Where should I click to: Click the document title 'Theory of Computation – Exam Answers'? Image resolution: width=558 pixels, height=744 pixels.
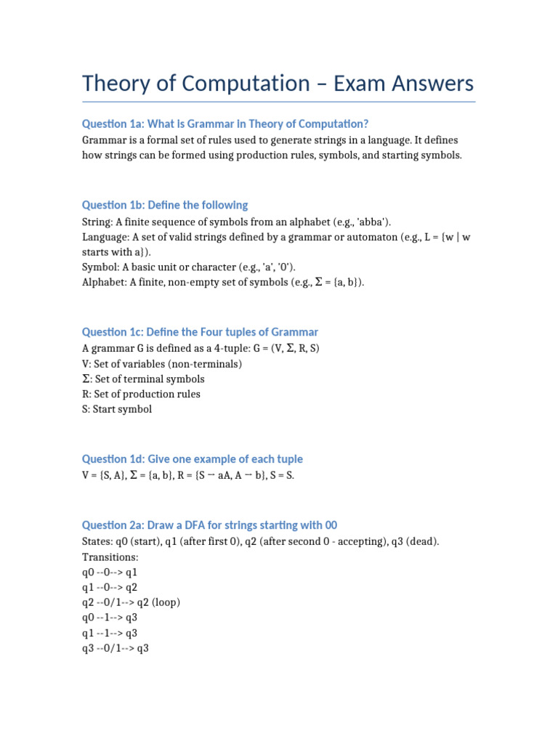coord(278,83)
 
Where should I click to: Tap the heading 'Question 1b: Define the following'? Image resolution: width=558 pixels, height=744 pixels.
coord(165,205)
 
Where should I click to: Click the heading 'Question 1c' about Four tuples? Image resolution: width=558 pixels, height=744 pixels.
coord(200,332)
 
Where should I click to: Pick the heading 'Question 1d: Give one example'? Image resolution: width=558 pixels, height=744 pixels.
coord(192,459)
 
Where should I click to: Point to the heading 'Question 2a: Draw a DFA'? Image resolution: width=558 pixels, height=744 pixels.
coord(209,525)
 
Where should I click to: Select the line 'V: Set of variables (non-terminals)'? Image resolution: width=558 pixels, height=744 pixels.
coord(162,364)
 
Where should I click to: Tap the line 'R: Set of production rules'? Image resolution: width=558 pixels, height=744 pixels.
coord(141,394)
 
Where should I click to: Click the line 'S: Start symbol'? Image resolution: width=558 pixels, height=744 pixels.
coord(117,409)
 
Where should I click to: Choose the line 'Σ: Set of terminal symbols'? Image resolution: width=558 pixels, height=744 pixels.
coord(143,379)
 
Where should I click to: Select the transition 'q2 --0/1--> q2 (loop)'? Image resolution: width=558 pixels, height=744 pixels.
coord(132,602)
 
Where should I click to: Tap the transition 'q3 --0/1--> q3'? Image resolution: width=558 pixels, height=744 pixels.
coord(116,648)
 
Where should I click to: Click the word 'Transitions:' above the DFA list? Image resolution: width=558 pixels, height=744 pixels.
coord(110,557)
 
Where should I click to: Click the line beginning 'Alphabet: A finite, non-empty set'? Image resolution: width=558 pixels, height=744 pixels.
coord(223,283)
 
